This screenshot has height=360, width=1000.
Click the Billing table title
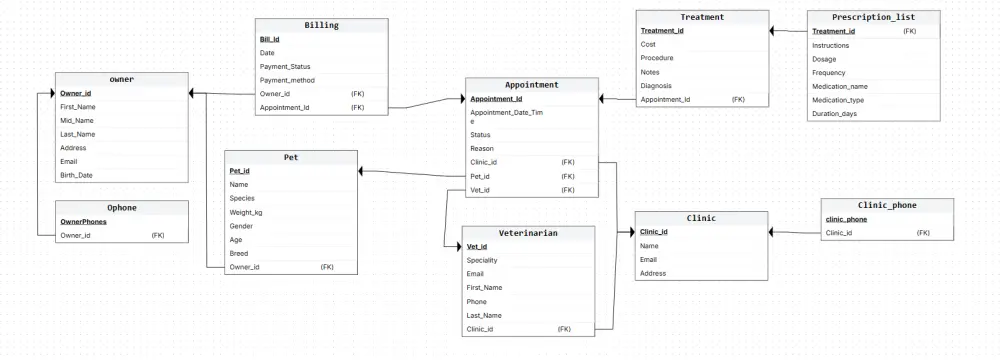pos(321,26)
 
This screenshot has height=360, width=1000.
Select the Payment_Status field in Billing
pos(285,66)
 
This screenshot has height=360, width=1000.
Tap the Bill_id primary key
pos(270,39)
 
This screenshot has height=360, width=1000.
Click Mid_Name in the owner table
pos(77,120)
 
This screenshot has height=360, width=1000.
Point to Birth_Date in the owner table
pos(77,175)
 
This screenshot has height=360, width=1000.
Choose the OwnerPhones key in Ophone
pos(84,221)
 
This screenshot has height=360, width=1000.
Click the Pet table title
pos(291,157)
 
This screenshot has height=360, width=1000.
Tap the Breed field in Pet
pos(239,253)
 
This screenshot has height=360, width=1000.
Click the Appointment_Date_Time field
pos(506,116)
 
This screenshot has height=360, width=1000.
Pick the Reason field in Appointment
pos(482,149)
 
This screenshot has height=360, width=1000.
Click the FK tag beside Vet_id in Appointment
pos(568,190)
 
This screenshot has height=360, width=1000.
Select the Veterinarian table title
pos(528,233)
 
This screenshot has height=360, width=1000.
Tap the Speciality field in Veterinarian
pos(482,260)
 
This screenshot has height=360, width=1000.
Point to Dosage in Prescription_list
pos(824,59)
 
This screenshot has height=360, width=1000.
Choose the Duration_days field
pos(834,114)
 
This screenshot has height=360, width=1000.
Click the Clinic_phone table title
pos(887,205)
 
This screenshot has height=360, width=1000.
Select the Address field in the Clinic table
pos(653,273)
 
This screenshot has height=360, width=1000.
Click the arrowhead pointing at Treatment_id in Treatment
pos(772,30)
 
